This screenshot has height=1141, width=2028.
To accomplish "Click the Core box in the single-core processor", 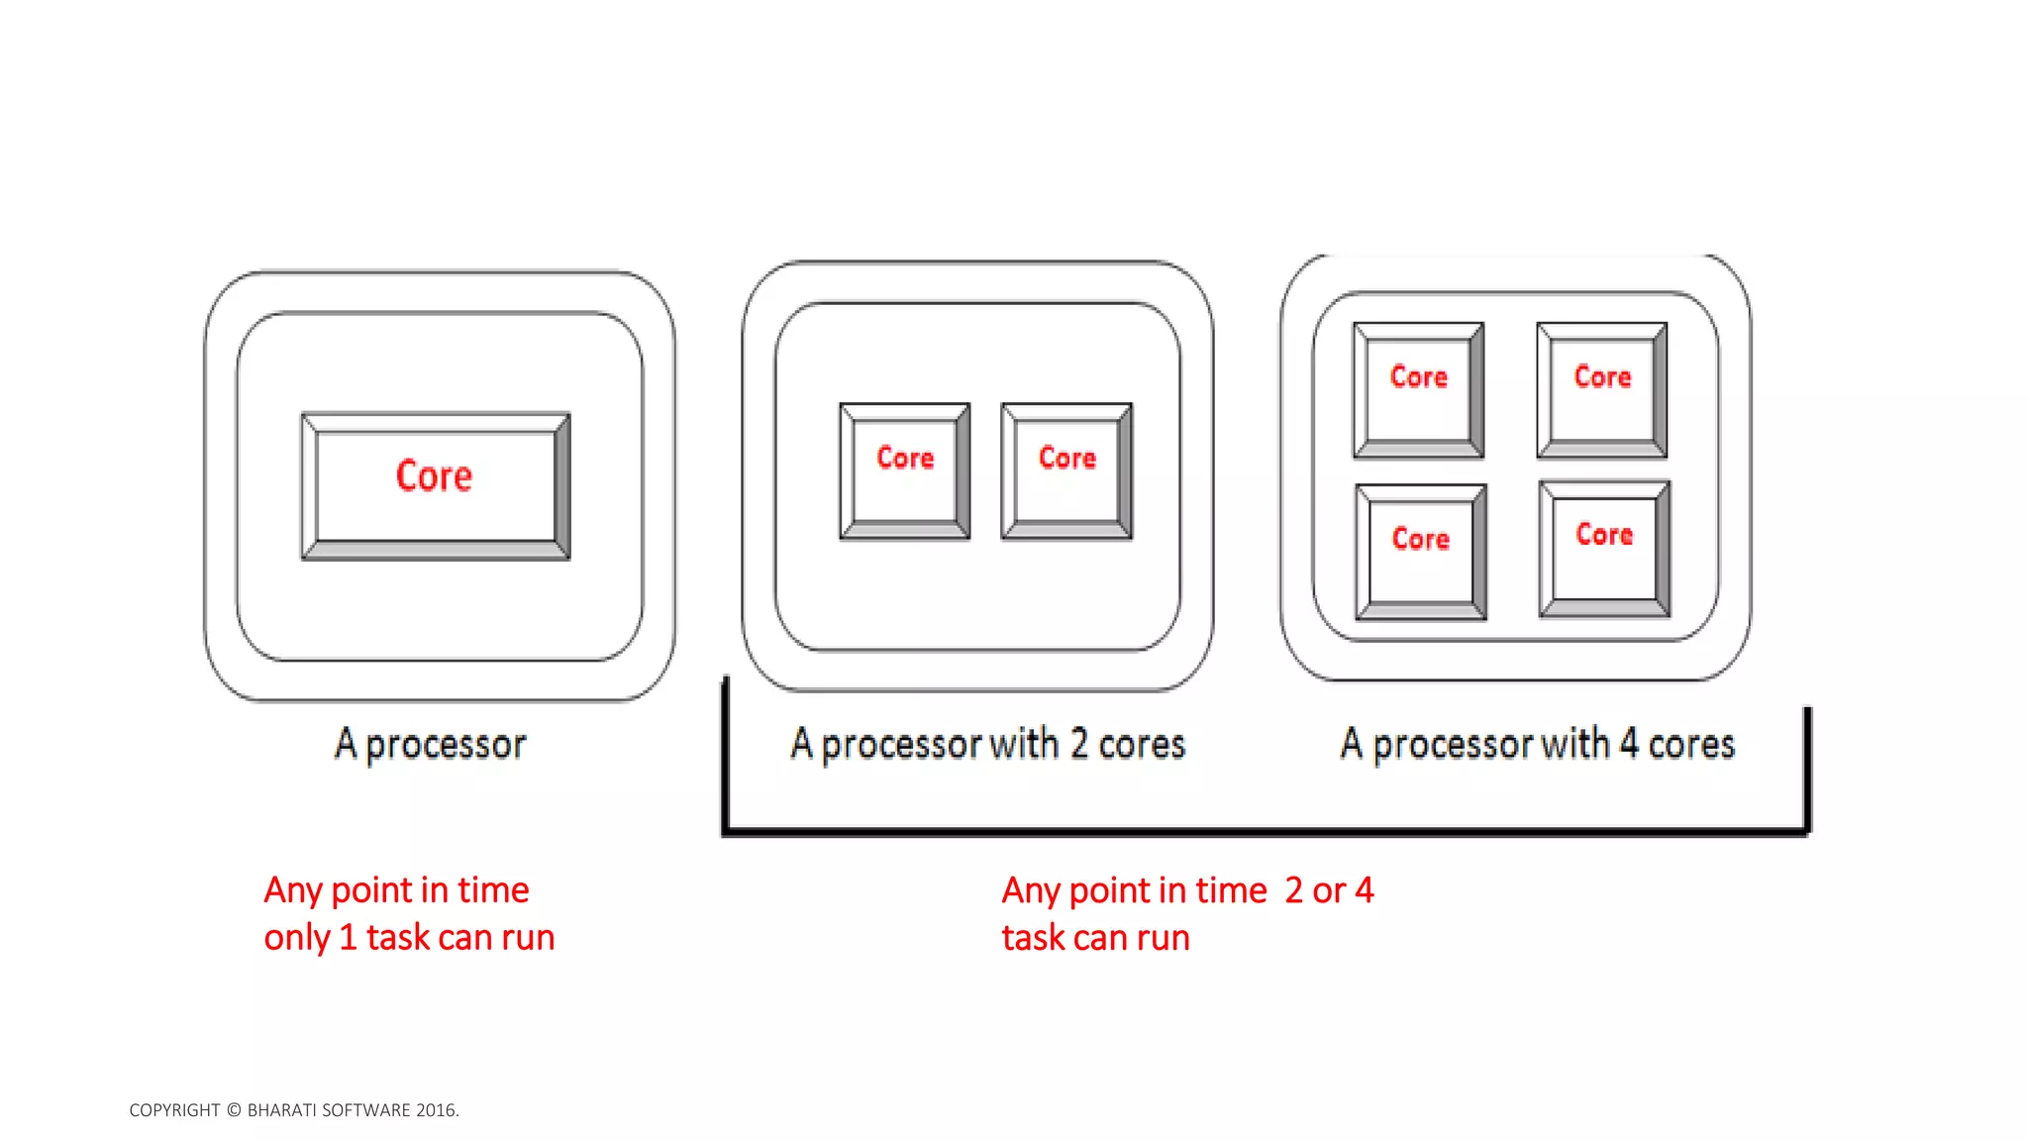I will point(436,485).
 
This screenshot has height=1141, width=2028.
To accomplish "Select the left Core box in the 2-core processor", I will point(905,470).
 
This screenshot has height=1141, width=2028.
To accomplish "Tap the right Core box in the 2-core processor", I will point(1066,470).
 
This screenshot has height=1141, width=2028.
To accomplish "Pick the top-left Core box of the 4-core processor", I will point(1418,389).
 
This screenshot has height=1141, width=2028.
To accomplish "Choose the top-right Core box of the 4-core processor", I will point(1602,389).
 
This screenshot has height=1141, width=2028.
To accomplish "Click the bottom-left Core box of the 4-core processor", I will point(1421,552).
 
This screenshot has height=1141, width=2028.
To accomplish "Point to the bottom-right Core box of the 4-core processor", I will point(1604,549).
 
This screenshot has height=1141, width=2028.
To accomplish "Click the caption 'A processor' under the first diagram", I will point(431,745).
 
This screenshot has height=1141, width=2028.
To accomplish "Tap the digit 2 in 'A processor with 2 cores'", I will point(1078,744).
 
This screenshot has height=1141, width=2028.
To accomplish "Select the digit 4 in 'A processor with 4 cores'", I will point(1628,744).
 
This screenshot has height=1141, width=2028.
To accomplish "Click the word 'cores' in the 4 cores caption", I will point(1691,745).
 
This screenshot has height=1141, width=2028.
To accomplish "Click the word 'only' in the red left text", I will point(296,938).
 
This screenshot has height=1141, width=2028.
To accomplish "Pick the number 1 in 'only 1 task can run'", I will point(348,937).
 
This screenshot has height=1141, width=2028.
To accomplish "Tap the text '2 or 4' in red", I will point(1329,890).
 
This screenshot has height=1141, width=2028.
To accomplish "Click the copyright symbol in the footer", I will point(234,1110).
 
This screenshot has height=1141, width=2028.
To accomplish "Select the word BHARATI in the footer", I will point(280,1110).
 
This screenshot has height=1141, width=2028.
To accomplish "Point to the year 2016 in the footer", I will point(437,1110).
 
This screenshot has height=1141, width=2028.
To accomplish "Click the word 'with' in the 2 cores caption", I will point(1024,744).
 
